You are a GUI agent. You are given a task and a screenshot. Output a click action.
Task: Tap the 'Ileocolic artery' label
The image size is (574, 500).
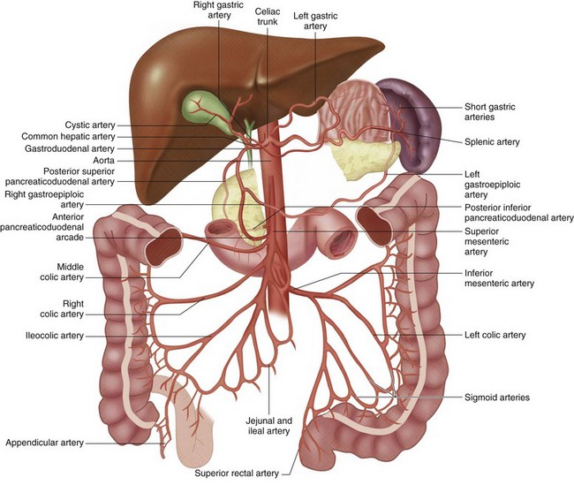56,336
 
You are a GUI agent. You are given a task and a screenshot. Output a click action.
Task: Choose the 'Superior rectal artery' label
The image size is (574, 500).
237,473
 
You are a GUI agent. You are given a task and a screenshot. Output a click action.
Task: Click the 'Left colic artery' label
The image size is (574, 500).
495,336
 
